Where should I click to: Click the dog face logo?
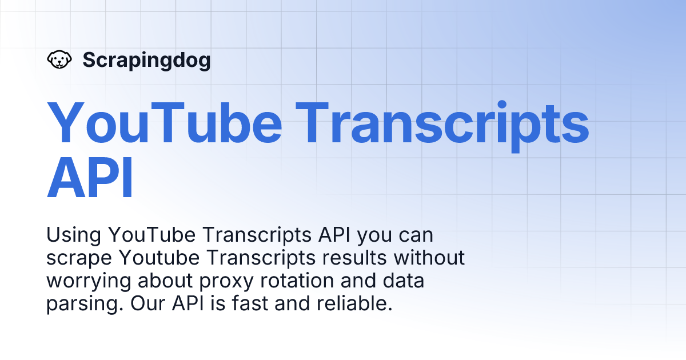coord(59,59)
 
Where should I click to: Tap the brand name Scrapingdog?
coord(147,61)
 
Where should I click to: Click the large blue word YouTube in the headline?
coord(165,122)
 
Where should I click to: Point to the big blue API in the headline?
coord(90,178)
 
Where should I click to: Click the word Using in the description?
coord(74,235)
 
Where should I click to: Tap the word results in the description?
coord(354,258)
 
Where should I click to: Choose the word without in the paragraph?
coord(429,258)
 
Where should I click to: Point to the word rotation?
coord(297,281)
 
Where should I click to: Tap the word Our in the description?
coord(148,303)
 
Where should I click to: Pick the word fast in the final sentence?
coord(250,303)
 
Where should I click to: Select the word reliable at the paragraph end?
coord(354,303)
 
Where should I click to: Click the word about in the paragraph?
coord(165,281)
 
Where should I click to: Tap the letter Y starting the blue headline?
coord(65,122)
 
